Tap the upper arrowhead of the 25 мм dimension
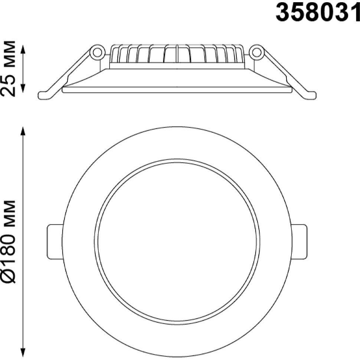(x=23, y=49)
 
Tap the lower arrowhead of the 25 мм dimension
(x=23, y=88)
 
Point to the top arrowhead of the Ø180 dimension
(x=23, y=131)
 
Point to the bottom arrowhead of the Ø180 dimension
(x=23, y=353)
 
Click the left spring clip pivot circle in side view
(x=97, y=52)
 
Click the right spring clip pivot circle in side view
(x=256, y=52)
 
